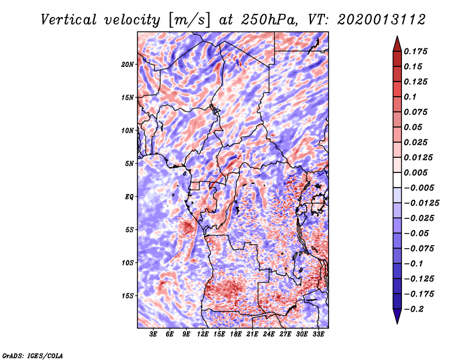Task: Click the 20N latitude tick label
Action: tap(128, 64)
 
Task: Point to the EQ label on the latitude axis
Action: tap(129, 196)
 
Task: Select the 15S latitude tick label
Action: tap(128, 295)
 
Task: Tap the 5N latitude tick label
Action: tap(129, 164)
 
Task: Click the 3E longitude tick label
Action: tap(154, 334)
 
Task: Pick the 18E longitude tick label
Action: tap(236, 334)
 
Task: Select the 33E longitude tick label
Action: tap(318, 334)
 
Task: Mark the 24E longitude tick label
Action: tap(269, 334)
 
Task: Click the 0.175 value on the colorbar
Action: tap(417, 51)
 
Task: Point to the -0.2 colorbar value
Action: tap(415, 309)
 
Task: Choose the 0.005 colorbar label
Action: tap(417, 172)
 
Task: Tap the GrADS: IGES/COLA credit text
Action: tap(32, 355)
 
